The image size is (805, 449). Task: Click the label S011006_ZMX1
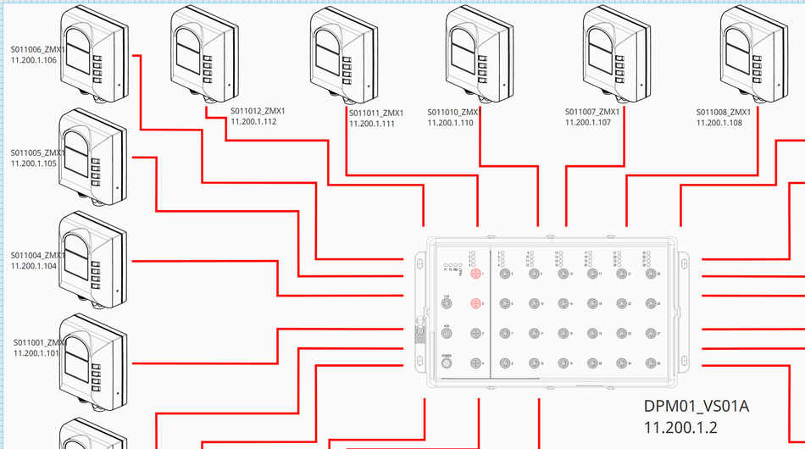pos(37,49)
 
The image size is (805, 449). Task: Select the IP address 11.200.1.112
pos(253,122)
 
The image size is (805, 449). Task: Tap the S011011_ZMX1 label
pos(376,113)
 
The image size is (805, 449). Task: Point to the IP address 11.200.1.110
pos(450,123)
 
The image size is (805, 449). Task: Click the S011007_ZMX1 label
pos(591,112)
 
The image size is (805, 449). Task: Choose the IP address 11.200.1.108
pos(719,123)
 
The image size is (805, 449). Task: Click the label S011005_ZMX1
pos(37,153)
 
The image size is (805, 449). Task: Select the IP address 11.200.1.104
pos(34,266)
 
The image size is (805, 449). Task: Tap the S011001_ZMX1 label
pos(39,342)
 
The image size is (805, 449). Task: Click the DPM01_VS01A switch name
pos(697,407)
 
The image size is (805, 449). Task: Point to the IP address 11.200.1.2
pos(680,425)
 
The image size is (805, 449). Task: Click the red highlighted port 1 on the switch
pos(476,274)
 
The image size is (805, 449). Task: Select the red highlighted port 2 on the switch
pos(476,303)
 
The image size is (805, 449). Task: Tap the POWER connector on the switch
pos(447,363)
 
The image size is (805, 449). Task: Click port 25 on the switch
pos(652,274)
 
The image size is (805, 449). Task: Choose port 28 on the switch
pos(652,363)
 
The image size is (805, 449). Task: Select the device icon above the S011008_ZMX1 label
pos(750,53)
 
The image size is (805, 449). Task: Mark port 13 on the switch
pos(563,274)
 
